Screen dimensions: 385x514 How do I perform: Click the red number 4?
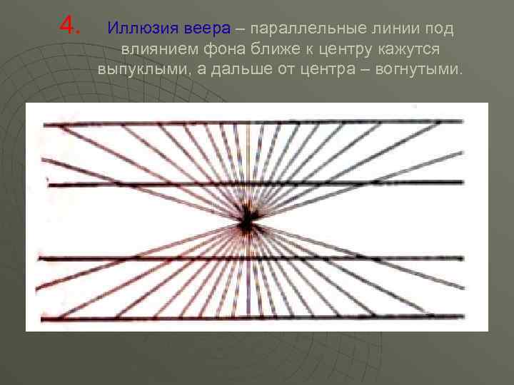pyautogui.click(x=69, y=26)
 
